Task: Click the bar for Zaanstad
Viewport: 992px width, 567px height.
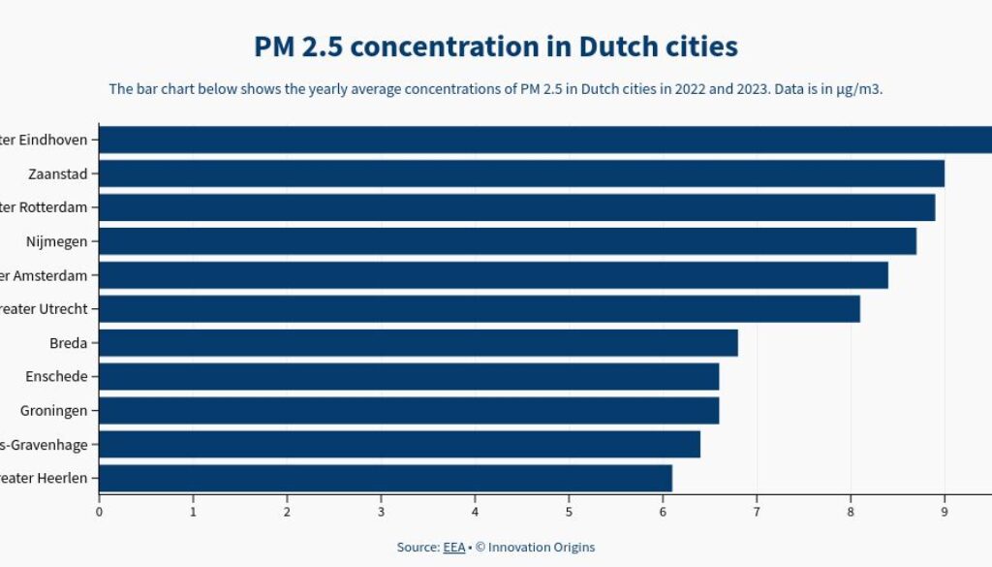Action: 521,173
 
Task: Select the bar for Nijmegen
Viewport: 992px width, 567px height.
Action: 508,241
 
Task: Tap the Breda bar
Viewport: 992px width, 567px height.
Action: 418,343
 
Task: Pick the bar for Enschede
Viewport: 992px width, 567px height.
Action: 409,377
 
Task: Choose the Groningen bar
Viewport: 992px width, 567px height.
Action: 409,411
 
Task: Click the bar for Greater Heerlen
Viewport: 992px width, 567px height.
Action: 386,479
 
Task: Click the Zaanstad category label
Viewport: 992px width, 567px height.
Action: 58,174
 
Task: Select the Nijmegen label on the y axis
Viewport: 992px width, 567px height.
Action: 56,241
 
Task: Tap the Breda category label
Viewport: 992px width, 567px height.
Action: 68,343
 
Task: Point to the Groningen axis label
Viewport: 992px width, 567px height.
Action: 53,411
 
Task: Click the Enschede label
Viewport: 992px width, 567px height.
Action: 57,377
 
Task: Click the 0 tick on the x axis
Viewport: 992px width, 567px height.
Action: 99,512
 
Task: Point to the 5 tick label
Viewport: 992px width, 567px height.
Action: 569,512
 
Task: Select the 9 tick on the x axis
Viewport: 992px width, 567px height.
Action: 945,512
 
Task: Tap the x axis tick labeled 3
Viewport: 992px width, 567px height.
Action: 381,512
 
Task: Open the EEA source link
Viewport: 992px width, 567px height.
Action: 454,548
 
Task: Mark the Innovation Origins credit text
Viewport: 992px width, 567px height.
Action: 542,548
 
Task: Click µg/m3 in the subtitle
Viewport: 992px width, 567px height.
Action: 859,89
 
